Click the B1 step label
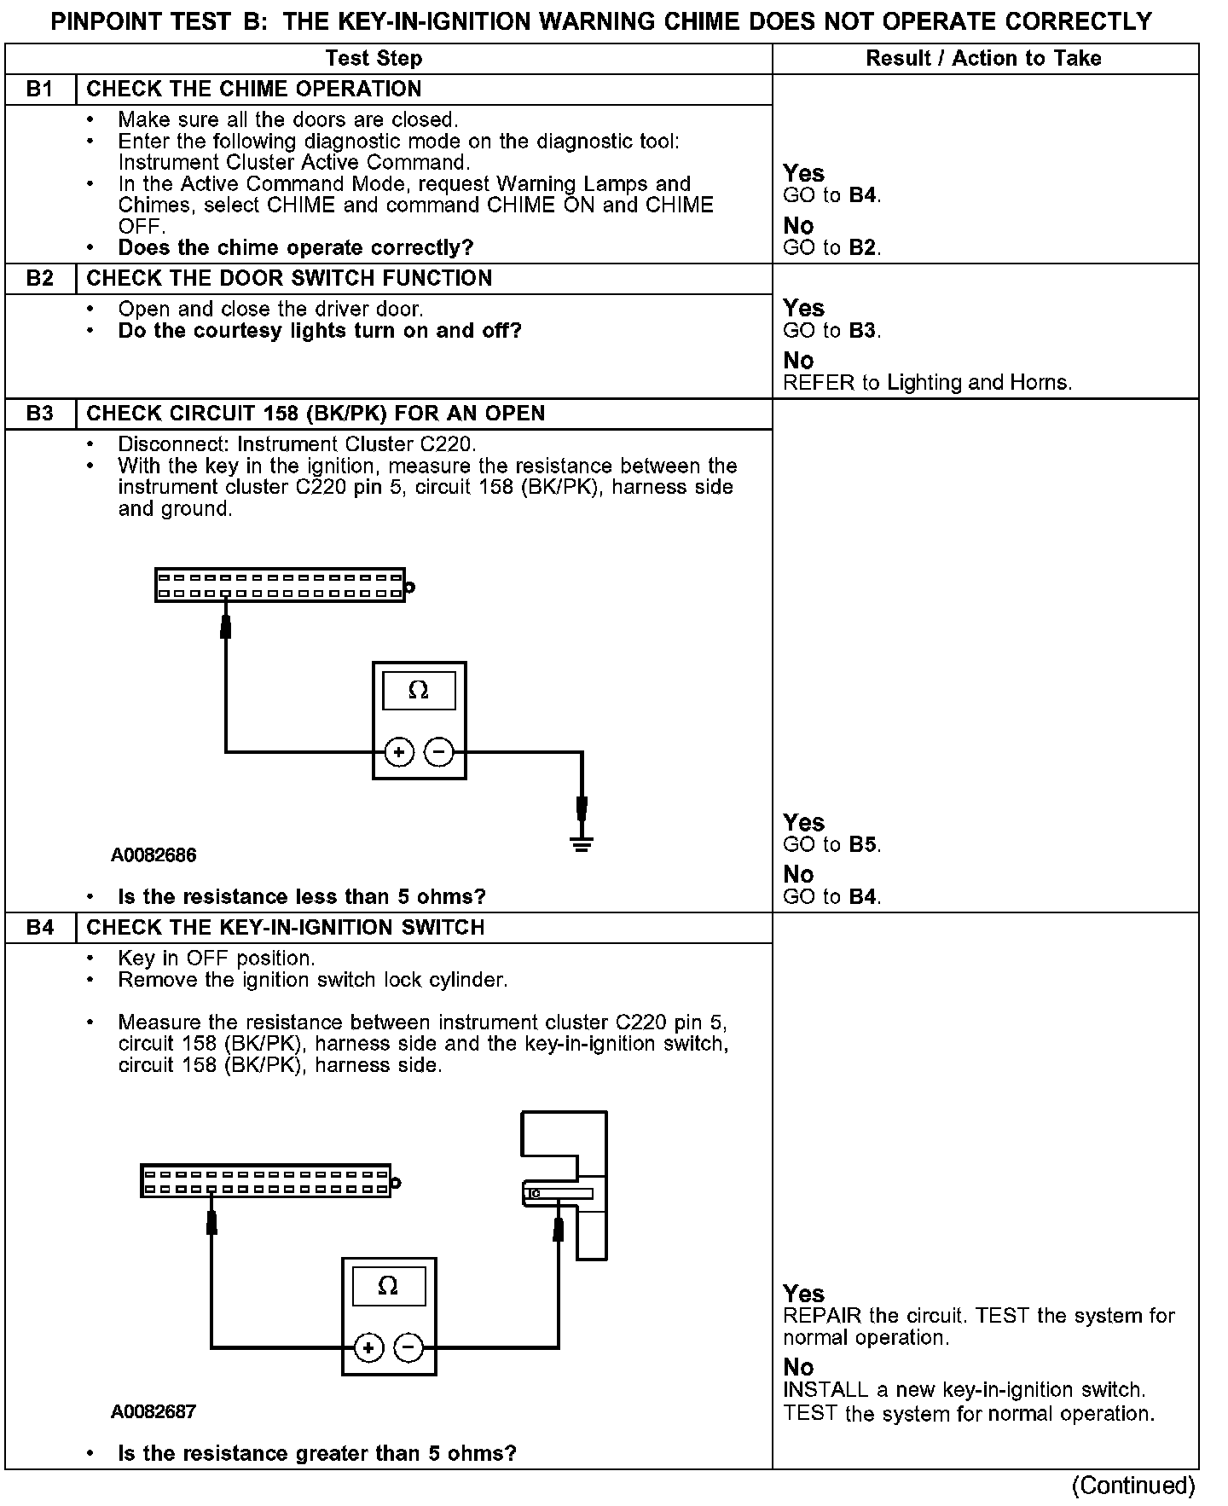tap(39, 90)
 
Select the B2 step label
tap(39, 279)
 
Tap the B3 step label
tap(39, 414)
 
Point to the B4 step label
tap(39, 928)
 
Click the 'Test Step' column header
tap(374, 59)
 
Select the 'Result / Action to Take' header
tap(983, 59)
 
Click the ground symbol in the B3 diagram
tap(582, 844)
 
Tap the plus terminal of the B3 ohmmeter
tap(398, 752)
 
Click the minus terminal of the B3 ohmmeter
tap(438, 752)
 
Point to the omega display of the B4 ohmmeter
tap(388, 1286)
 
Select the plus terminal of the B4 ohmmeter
tap(368, 1347)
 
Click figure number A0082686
tap(153, 855)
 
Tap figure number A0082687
tap(153, 1412)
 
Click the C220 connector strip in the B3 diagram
tap(280, 586)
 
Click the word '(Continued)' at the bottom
tap(1133, 1486)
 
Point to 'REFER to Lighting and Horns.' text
tap(927, 383)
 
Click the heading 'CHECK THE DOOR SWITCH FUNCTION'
tap(289, 279)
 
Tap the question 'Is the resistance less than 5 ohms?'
tap(302, 897)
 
